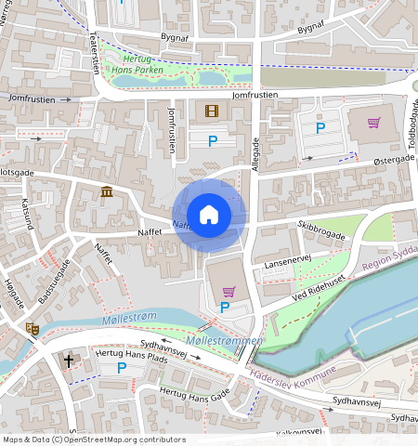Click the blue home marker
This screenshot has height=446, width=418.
coord(209,215)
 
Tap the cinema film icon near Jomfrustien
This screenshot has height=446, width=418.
coord(212,111)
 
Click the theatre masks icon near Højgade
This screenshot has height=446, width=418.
coord(32,328)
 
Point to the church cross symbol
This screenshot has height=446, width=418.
coord(68,360)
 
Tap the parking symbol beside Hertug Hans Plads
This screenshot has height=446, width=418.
coord(122,369)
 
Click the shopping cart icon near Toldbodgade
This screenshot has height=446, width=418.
coord(373,123)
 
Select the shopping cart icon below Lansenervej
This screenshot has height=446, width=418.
coord(229,292)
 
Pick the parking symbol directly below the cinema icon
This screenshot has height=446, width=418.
coord(212,141)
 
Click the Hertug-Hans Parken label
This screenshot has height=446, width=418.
coord(137,64)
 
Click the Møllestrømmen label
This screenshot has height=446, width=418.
coord(227,342)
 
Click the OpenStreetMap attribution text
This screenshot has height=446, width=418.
coord(93,439)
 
